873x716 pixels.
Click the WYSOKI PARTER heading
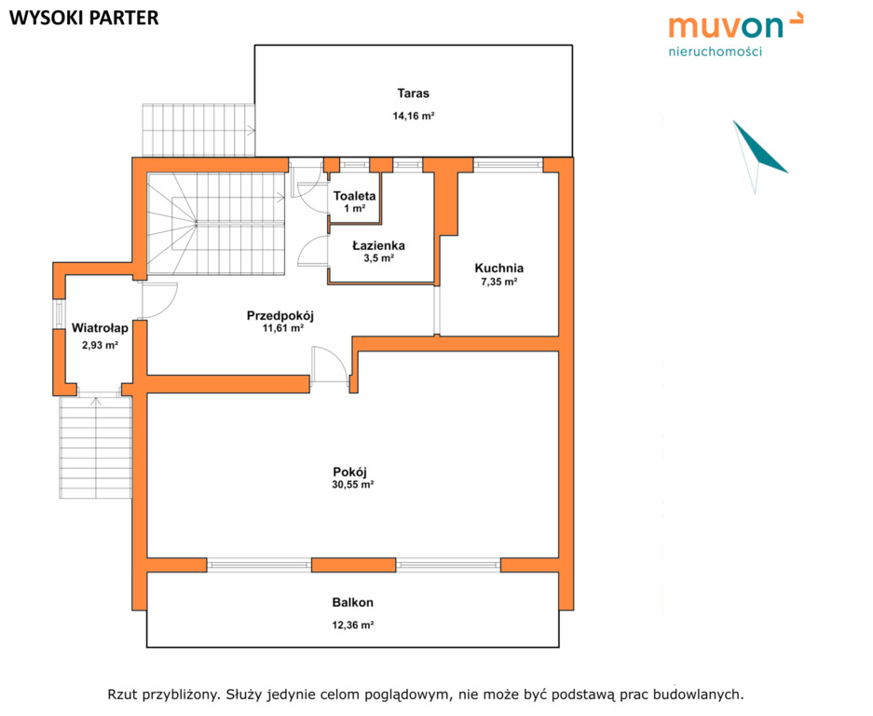pyautogui.click(x=84, y=18)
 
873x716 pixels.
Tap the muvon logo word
pyautogui.click(x=726, y=26)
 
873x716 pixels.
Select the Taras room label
pyautogui.click(x=413, y=93)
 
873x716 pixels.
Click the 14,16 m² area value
pyautogui.click(x=413, y=116)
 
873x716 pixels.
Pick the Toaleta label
pyautogui.click(x=355, y=196)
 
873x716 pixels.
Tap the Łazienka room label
pyautogui.click(x=378, y=245)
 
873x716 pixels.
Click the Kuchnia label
pyautogui.click(x=498, y=268)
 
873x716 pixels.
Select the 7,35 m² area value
pyautogui.click(x=498, y=282)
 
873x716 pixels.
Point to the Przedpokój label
pyautogui.click(x=280, y=316)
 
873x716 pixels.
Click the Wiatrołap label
pyautogui.click(x=101, y=328)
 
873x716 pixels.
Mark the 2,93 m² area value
pyautogui.click(x=101, y=346)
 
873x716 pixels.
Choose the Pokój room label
pyautogui.click(x=350, y=472)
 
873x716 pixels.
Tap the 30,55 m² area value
pyautogui.click(x=353, y=485)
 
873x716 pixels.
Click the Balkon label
pyautogui.click(x=353, y=602)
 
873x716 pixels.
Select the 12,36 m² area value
pyautogui.click(x=353, y=626)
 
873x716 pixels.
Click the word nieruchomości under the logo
pyautogui.click(x=715, y=52)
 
